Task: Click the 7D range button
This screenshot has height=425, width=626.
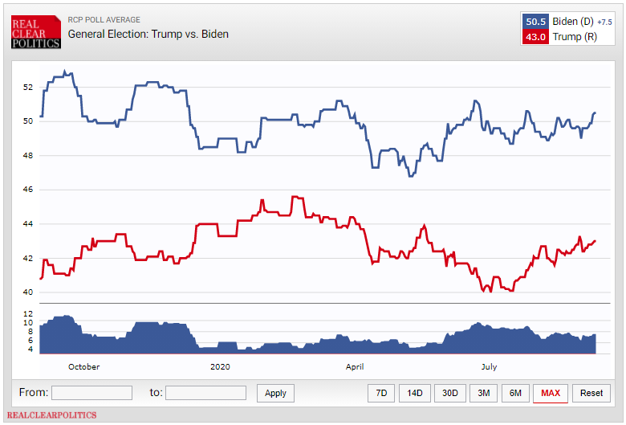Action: (381, 393)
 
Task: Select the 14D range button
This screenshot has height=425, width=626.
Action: (414, 393)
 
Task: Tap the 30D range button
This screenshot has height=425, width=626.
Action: (450, 393)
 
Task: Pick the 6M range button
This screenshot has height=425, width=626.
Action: (515, 393)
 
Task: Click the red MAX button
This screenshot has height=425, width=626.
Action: (551, 393)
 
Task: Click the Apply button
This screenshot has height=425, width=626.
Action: (275, 393)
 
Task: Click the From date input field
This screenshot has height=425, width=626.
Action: (91, 393)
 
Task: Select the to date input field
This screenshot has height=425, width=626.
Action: (205, 393)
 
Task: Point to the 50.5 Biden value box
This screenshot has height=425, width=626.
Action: (535, 22)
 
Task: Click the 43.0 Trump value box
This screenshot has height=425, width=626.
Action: (535, 37)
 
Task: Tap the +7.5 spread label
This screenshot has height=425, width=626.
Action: (604, 22)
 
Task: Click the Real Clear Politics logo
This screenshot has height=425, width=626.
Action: (35, 31)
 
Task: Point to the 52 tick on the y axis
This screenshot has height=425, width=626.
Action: (28, 87)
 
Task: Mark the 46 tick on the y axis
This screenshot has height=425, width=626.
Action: (28, 190)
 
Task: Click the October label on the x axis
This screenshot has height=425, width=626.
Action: (83, 366)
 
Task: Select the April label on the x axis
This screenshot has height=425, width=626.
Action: (355, 366)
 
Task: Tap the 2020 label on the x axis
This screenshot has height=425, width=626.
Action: (220, 366)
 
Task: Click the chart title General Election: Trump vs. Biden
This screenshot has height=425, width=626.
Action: (148, 34)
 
